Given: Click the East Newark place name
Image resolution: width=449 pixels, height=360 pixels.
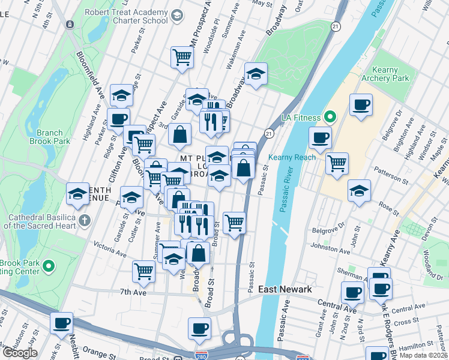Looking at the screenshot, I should pyautogui.click(x=285, y=289).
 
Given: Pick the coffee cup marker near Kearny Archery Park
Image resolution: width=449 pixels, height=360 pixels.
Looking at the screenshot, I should pyautogui.click(x=361, y=105).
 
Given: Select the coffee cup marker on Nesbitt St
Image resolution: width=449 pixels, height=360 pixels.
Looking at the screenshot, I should pyautogui.click(x=61, y=323).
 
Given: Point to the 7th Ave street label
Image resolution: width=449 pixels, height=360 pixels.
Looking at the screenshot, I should pyautogui.click(x=133, y=292).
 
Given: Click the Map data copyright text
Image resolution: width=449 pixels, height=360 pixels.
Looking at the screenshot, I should pyautogui.click(x=424, y=355).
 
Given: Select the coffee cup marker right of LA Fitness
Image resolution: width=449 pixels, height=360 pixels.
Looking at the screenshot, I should pyautogui.click(x=320, y=137).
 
